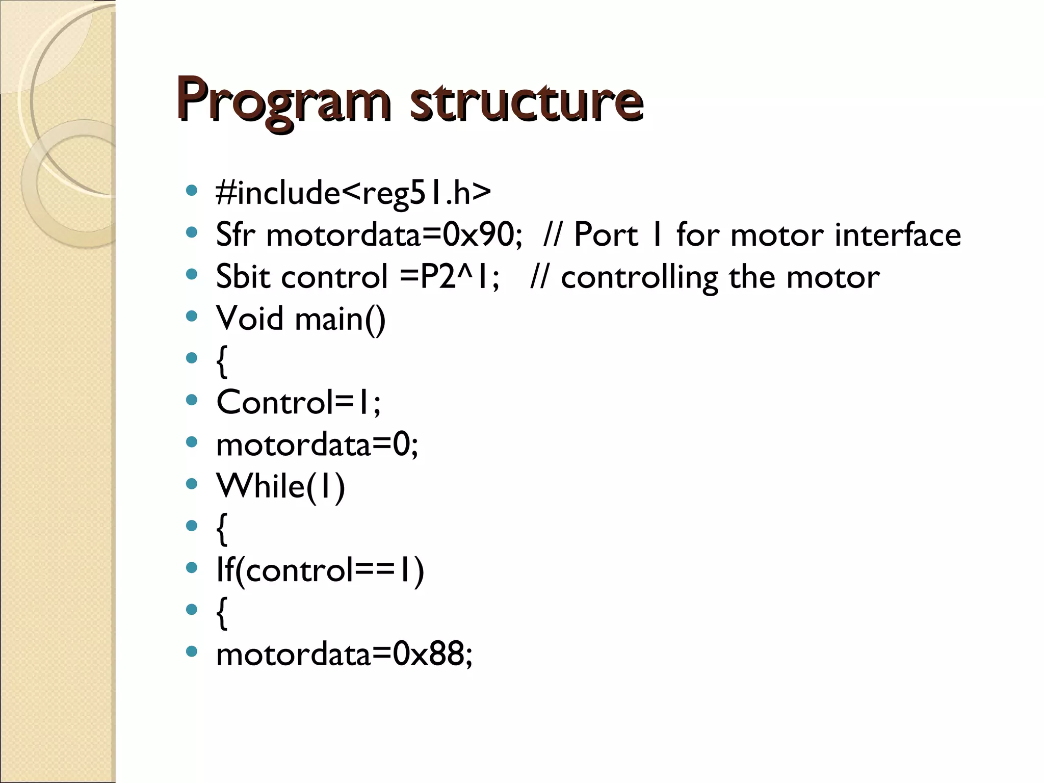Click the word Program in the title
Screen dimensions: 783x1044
[x=283, y=100]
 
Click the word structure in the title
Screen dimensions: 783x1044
[x=526, y=100]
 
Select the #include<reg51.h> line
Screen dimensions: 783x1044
[x=353, y=193]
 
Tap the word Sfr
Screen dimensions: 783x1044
[x=234, y=235]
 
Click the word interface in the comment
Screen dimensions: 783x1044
[x=898, y=235]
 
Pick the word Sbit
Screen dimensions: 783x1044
[x=243, y=277]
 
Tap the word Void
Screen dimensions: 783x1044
[x=249, y=319]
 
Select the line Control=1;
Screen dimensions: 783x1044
[x=298, y=402]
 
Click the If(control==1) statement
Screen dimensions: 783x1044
[x=320, y=570]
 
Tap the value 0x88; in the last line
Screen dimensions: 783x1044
[x=433, y=654]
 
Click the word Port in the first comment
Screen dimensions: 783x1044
[x=606, y=235]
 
